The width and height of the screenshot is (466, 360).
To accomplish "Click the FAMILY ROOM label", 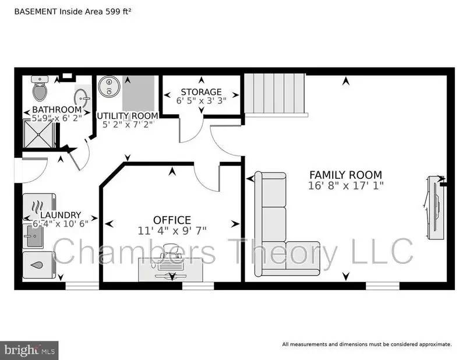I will pos(345,174).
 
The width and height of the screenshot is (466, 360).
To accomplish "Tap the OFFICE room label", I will pos(172,220).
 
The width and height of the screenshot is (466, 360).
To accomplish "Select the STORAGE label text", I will pos(201,91).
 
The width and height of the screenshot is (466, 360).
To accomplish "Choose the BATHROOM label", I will pos(57,110).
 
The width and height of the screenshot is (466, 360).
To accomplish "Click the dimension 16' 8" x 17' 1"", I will pos(346,186).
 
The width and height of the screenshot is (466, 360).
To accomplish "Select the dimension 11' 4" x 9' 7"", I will pos(172,231).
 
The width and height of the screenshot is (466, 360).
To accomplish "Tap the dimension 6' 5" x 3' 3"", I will pos(201,101).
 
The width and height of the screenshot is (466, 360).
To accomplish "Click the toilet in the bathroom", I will pos(40,89).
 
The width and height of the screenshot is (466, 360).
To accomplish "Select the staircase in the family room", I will pos(274,94).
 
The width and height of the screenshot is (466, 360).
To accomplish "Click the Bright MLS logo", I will pos(29,351).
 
